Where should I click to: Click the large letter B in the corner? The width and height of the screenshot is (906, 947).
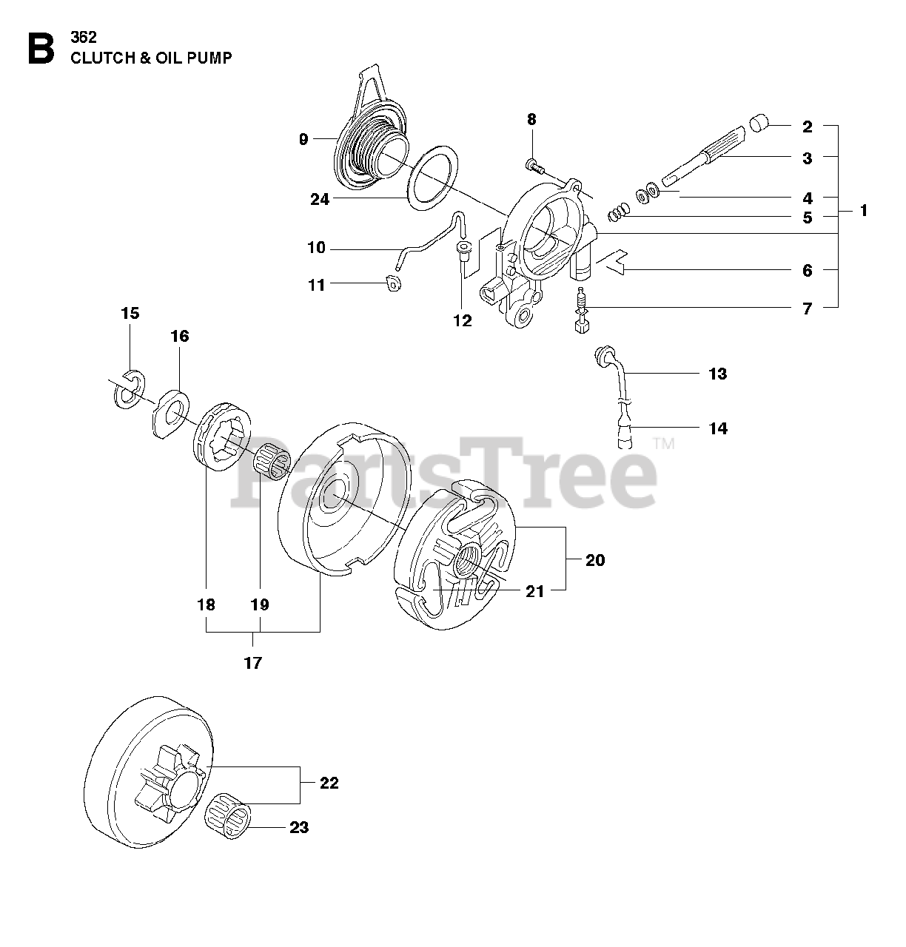[41, 48]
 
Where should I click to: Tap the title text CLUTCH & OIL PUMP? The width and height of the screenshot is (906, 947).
[151, 58]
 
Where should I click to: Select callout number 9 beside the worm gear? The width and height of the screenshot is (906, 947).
[303, 138]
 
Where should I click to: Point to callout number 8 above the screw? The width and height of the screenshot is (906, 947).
[531, 119]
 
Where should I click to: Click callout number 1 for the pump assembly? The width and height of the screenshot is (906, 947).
[863, 211]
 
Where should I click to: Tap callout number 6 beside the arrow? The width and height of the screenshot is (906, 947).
[807, 271]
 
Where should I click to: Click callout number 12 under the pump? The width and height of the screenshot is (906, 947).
[462, 320]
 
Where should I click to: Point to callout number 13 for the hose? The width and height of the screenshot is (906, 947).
[718, 374]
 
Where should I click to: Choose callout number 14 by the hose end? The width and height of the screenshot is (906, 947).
[718, 428]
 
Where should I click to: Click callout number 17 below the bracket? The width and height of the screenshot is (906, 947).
[252, 662]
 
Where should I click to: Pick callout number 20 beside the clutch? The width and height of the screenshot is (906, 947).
[594, 560]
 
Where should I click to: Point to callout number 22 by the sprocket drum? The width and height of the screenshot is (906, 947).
[329, 783]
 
